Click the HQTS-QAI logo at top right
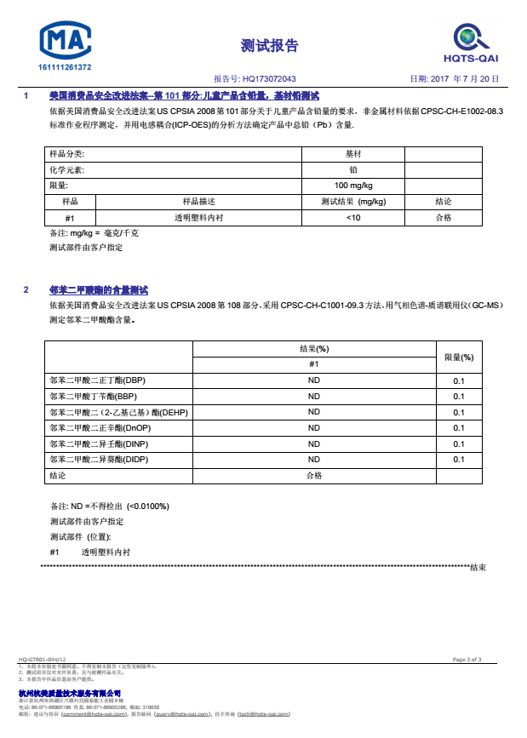pos(470,43)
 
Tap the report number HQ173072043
pos(270,78)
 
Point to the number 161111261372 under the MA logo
pos(66,67)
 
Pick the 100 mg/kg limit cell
pos(353,186)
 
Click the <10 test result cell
pos(353,218)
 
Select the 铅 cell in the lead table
pos(353,169)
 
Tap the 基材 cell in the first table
pos(353,154)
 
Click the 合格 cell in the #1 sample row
pos(444,218)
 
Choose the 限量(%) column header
pos(459,358)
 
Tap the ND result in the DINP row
pos(313,444)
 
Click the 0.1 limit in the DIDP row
pos(459,460)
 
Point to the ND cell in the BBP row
pos(313,397)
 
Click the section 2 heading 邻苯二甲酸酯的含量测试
pos(99,290)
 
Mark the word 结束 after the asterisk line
pos(478,567)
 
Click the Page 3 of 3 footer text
pos(467,660)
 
